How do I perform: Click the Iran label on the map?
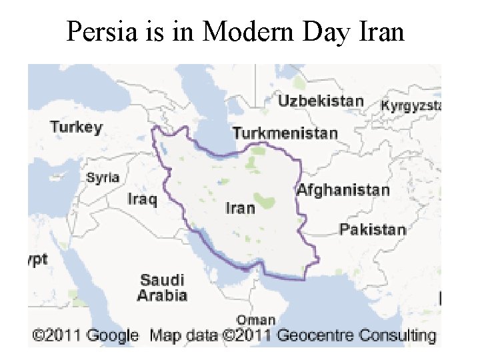coord(240,208)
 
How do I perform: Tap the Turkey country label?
coord(77,127)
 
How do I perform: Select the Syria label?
coord(103,177)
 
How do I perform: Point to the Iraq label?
coord(142,199)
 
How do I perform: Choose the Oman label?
coord(255,321)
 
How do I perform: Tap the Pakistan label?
coord(372,230)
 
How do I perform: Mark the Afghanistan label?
coord(343,190)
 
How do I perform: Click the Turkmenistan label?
coord(285,133)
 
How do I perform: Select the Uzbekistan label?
coord(321,101)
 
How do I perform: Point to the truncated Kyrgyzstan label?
coord(411,105)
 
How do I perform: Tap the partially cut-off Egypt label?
coord(37,260)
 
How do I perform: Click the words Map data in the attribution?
coord(183,335)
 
